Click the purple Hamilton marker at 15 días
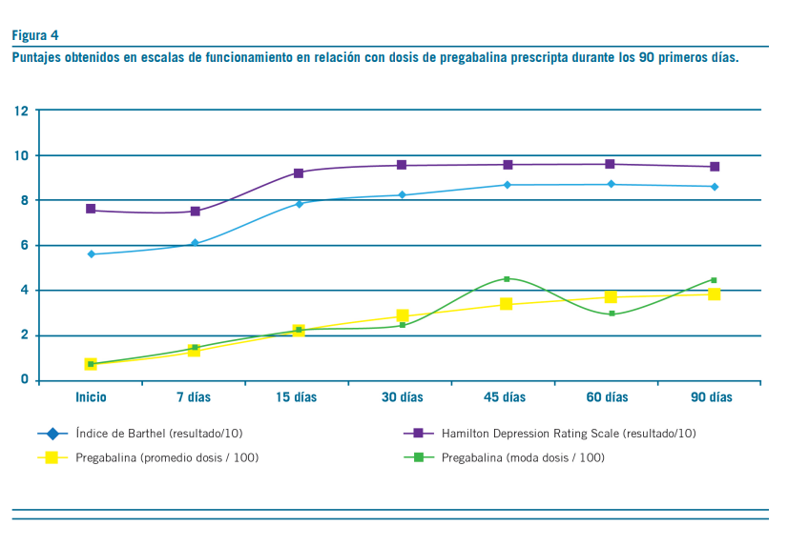(x=299, y=172)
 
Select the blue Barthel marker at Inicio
(x=91, y=254)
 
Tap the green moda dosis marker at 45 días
(x=507, y=279)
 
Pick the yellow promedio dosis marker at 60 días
(x=611, y=297)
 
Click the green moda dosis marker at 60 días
(x=611, y=314)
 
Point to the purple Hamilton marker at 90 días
(x=714, y=167)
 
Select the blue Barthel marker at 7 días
(x=195, y=243)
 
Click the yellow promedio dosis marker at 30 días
(x=403, y=315)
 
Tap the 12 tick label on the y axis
(x=21, y=111)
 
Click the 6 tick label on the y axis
(x=24, y=246)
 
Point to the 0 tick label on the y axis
(x=24, y=381)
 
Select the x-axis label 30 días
(x=403, y=397)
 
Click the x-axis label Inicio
(x=91, y=397)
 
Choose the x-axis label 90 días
(x=714, y=397)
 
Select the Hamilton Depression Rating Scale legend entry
(x=568, y=434)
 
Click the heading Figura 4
(x=35, y=35)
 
